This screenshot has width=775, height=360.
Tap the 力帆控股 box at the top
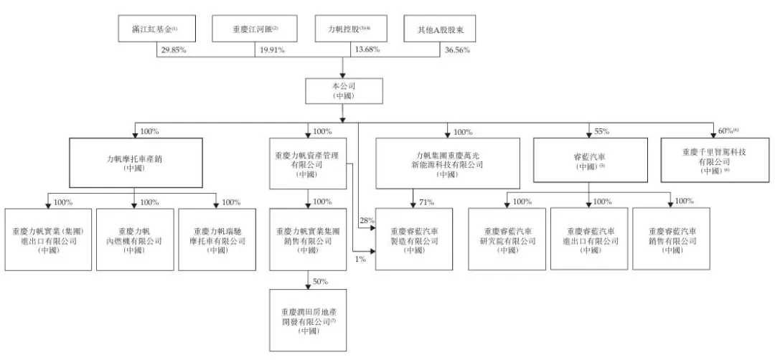343,29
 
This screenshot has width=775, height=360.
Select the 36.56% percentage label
463,52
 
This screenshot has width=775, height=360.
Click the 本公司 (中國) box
342,90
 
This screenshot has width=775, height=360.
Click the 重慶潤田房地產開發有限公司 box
309,320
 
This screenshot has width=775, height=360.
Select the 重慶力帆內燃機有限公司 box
134,239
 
